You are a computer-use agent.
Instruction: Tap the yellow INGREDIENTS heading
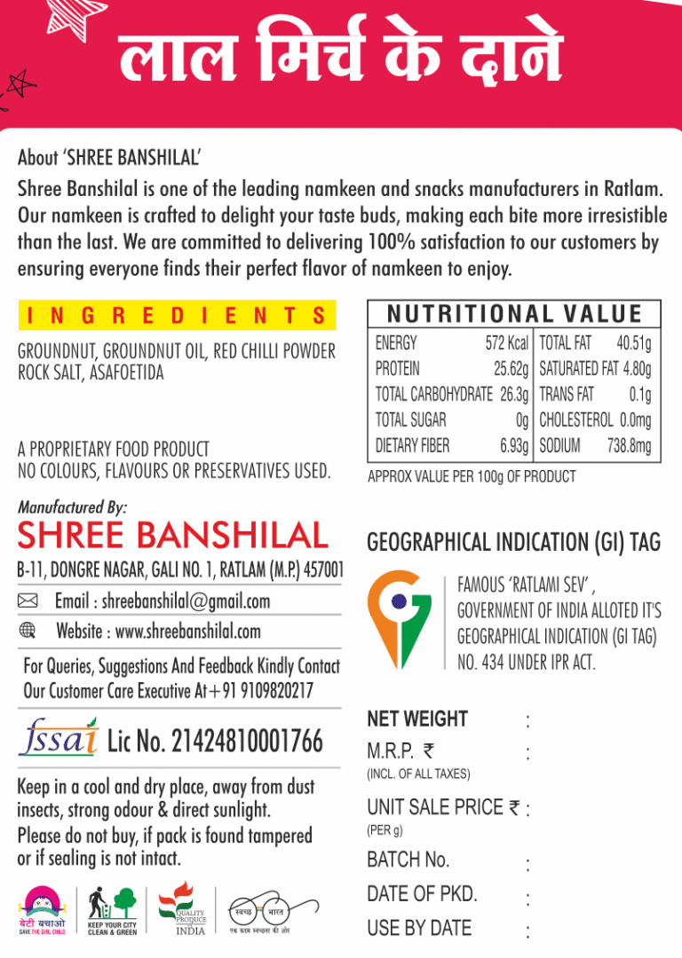click(177, 315)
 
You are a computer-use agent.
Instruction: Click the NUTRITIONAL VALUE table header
click(514, 314)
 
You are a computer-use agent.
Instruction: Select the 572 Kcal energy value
click(506, 343)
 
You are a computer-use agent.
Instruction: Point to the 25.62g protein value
click(511, 369)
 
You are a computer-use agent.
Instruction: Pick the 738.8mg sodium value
click(629, 446)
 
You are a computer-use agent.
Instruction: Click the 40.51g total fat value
click(633, 343)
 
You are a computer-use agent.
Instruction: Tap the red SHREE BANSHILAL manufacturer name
click(172, 535)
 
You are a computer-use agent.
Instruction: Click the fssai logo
click(59, 737)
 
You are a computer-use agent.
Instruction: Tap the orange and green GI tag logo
click(400, 619)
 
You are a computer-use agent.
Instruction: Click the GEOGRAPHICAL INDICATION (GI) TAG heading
click(513, 542)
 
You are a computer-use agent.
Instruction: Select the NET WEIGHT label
click(416, 719)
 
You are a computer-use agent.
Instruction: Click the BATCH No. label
click(408, 860)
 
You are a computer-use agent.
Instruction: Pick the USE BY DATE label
click(419, 928)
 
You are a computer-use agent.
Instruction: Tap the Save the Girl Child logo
click(43, 909)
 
